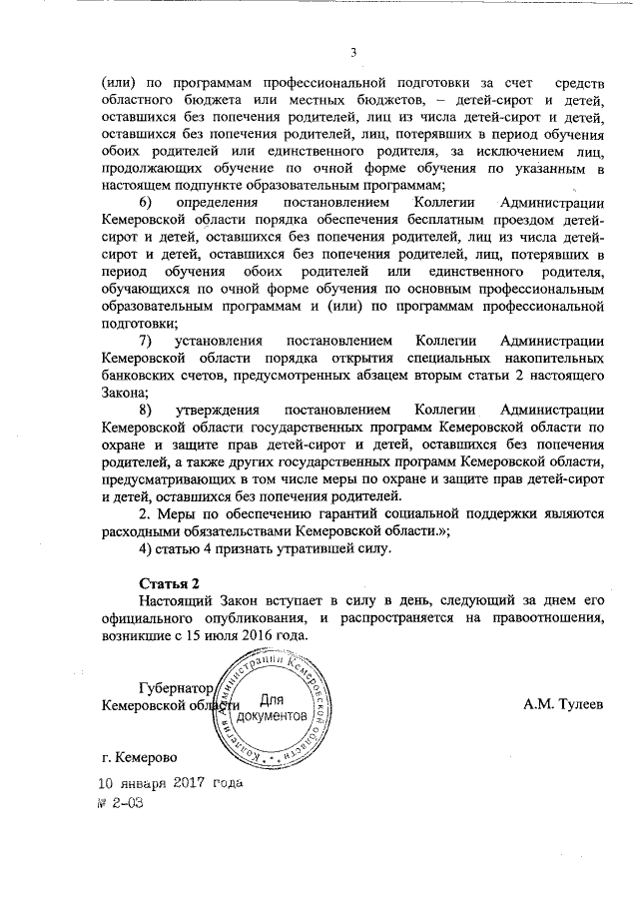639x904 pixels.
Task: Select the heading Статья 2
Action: pyautogui.click(x=168, y=582)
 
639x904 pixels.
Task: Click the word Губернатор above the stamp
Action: pyautogui.click(x=176, y=688)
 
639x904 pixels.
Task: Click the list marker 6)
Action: pyautogui.click(x=147, y=204)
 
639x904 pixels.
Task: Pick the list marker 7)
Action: pyautogui.click(x=146, y=342)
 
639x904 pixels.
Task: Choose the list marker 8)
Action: pyautogui.click(x=146, y=411)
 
